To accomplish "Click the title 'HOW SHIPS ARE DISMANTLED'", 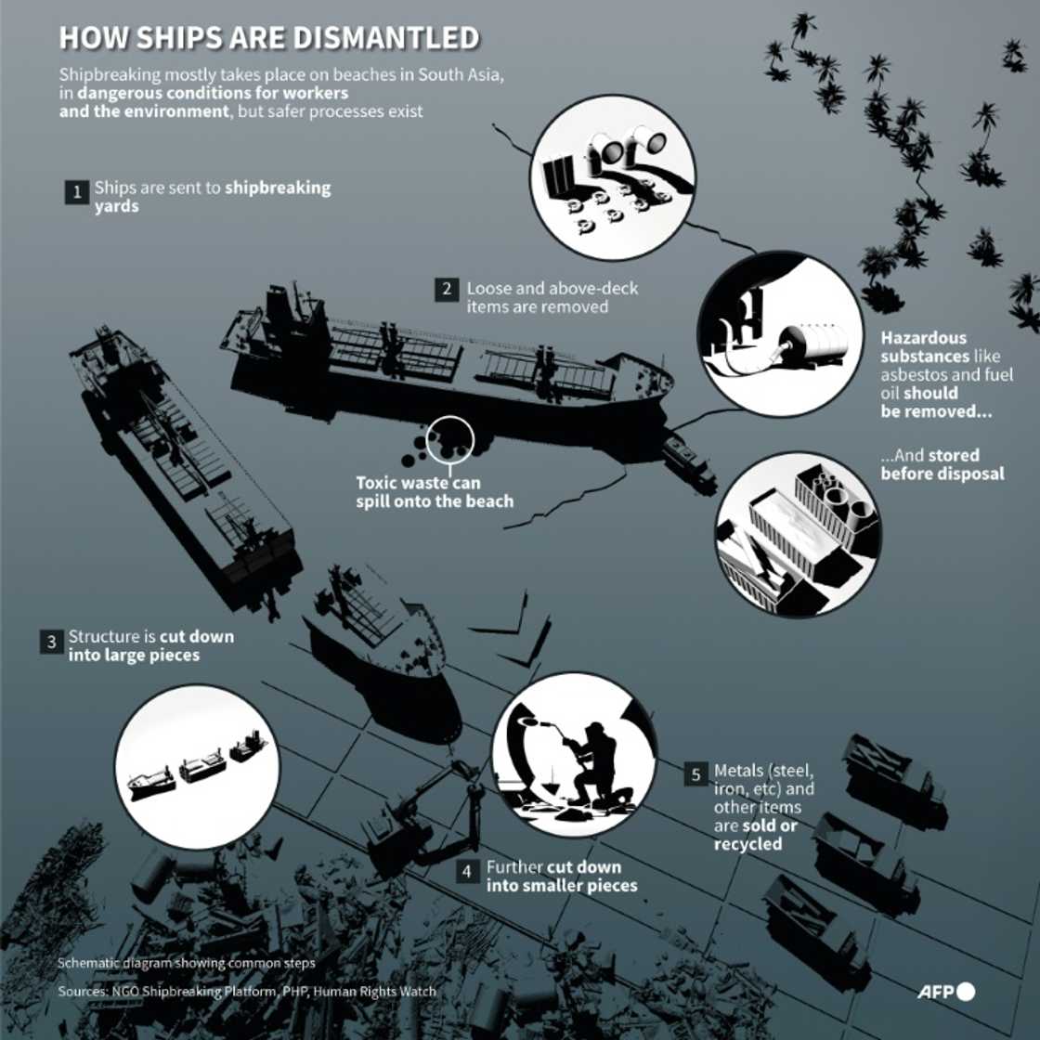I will pos(268,38).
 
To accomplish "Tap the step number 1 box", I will pos(76,192).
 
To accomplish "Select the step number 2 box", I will pos(447,290).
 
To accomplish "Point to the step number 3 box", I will pos(51,642).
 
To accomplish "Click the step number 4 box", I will pos(469,871).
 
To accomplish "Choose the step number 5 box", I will pos(696,774).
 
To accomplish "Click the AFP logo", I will pos(946,992).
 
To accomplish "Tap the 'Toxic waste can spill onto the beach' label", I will pos(434,492).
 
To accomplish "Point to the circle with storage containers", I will pos(798,534).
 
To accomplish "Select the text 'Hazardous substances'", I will pos(924,347).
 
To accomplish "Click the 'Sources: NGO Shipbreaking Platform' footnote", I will pos(246,991).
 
